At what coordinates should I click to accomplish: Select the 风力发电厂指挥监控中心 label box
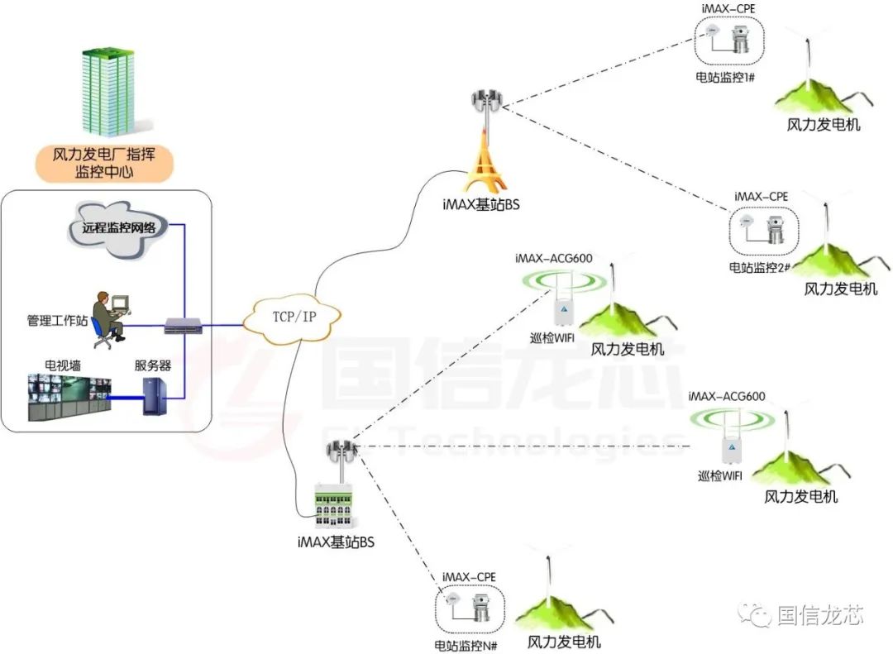click(104, 164)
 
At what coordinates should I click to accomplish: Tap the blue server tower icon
click(155, 396)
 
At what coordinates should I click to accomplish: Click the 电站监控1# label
click(728, 78)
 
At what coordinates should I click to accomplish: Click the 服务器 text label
click(153, 365)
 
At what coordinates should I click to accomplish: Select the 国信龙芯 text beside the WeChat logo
click(820, 615)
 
